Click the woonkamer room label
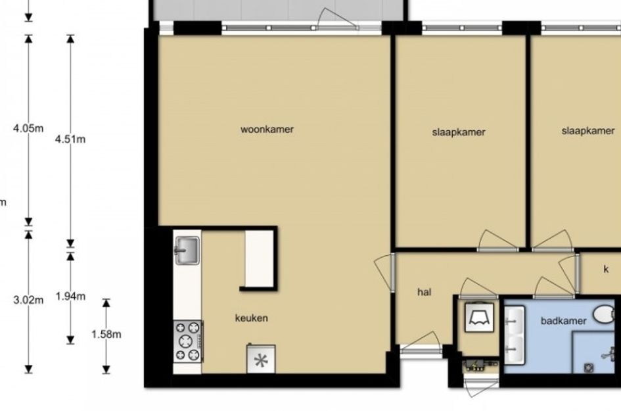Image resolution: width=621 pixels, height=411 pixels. click(x=267, y=129)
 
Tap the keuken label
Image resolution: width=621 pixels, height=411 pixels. click(x=252, y=318)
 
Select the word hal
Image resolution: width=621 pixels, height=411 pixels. click(x=424, y=292)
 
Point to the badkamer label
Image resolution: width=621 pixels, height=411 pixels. click(x=564, y=321)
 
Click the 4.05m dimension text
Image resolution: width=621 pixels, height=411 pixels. click(x=28, y=128)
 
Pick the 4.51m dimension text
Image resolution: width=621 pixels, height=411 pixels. click(x=70, y=139)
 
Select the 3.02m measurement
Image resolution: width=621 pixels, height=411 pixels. click(x=28, y=300)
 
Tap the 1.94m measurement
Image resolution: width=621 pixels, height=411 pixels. click(x=70, y=296)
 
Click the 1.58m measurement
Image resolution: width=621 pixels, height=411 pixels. click(x=106, y=334)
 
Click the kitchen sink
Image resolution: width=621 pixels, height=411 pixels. click(x=187, y=250)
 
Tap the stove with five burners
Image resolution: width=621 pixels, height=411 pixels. click(x=188, y=341)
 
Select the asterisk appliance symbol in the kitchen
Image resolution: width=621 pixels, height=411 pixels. click(x=261, y=359)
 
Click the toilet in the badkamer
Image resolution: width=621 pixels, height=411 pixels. click(x=605, y=314)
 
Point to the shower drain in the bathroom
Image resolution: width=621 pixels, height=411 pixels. click(x=589, y=368)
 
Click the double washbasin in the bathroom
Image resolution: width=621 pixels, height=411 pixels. click(x=515, y=335)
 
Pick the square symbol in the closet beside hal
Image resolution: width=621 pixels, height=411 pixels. click(x=480, y=318)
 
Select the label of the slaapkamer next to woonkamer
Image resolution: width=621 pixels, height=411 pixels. click(x=459, y=132)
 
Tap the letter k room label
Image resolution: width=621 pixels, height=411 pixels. click(x=606, y=269)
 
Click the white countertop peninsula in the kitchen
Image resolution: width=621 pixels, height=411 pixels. click(x=259, y=258)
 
